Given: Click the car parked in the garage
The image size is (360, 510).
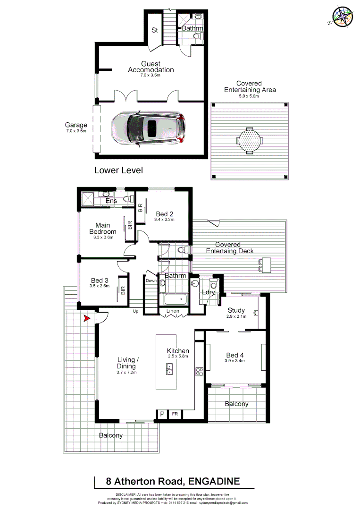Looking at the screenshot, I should (x=147, y=127).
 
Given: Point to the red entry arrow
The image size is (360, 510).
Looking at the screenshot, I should (x=86, y=319).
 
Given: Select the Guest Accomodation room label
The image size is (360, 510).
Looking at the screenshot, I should (x=151, y=67).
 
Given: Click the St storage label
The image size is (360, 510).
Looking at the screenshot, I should (x=154, y=30).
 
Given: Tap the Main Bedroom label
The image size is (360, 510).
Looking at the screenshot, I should (x=103, y=229).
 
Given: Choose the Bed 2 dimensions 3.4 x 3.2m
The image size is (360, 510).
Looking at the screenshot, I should (x=165, y=220).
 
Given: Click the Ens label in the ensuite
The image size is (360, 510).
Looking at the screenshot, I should (x=111, y=201).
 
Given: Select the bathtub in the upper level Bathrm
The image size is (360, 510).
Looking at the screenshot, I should (x=175, y=299).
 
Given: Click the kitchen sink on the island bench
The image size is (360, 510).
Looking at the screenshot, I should (x=169, y=370).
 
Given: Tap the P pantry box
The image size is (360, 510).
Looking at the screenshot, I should (x=162, y=414).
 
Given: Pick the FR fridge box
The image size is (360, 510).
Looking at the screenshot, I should (x=175, y=414).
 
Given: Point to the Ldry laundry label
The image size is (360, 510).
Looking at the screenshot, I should (x=208, y=292).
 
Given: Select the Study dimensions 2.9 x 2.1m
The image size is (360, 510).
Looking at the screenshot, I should (x=236, y=317).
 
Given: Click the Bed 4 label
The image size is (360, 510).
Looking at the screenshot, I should (x=235, y=355).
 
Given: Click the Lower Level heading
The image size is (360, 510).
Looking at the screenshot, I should (x=118, y=170).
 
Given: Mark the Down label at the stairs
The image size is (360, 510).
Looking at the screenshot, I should (x=151, y=280).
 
